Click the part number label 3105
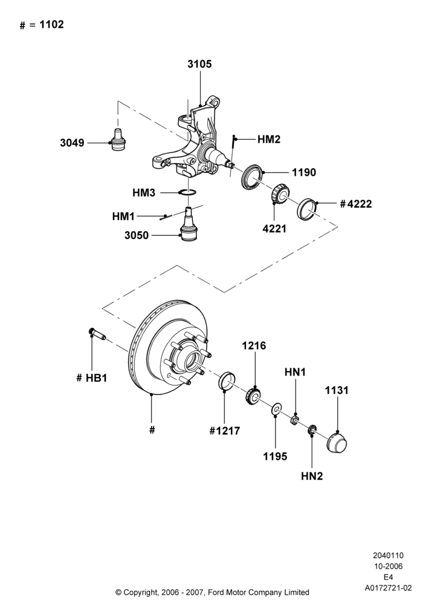199,64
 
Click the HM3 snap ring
187,192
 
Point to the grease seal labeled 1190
252,176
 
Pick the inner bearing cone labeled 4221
280,194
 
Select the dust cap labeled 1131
337,442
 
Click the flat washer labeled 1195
276,409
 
